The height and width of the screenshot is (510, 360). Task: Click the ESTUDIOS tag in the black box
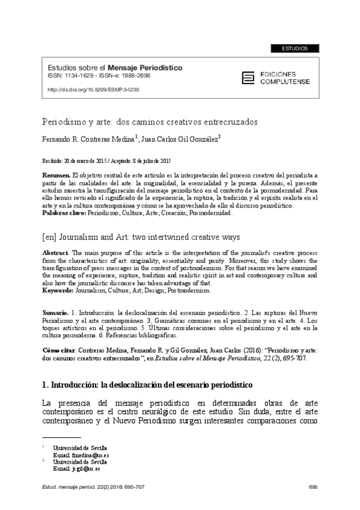pyautogui.click(x=294, y=48)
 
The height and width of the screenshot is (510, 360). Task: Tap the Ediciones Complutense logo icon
pyautogui.click(x=246, y=76)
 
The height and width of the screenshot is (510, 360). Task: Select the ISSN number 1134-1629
pyautogui.click(x=80, y=77)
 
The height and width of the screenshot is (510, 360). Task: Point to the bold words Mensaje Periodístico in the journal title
pyautogui.click(x=145, y=69)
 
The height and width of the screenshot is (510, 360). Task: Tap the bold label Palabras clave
pyautogui.click(x=63, y=213)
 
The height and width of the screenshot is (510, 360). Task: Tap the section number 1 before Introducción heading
pyautogui.click(x=44, y=384)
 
